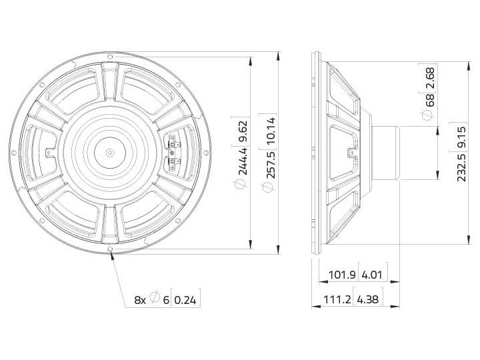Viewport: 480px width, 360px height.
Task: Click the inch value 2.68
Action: pyautogui.click(x=429, y=77)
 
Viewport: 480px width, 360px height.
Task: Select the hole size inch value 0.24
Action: pyautogui.click(x=187, y=300)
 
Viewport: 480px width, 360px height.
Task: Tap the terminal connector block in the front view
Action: pyautogui.click(x=173, y=151)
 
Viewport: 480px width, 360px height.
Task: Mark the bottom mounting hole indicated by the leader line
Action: pyautogui.click(x=111, y=252)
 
